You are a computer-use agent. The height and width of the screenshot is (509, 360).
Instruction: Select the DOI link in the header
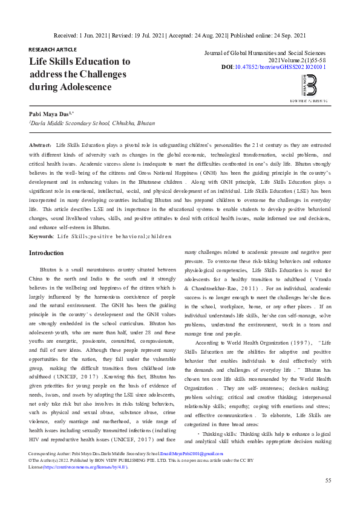pyautogui.click(x=288, y=67)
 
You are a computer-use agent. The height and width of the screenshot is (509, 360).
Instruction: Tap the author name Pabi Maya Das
pyautogui.click(x=50, y=114)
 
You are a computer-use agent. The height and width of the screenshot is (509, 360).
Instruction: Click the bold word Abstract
pyautogui.click(x=40, y=146)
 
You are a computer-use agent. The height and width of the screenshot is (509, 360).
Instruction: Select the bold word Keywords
pyautogui.click(x=41, y=236)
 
